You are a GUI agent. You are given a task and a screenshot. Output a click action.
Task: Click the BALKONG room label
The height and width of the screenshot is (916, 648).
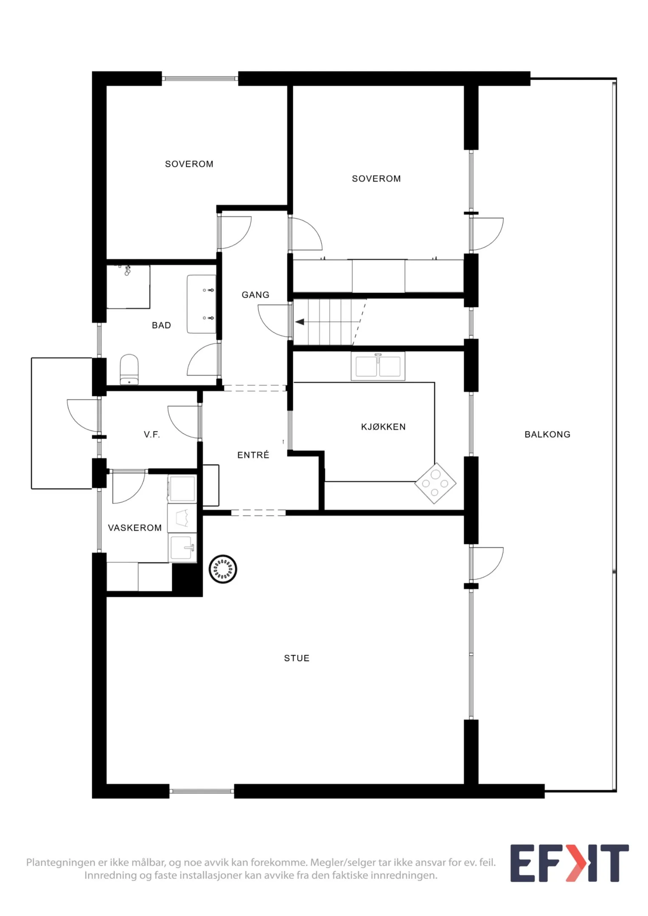point(547,434)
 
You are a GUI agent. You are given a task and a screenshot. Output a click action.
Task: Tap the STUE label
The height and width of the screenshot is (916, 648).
point(297,658)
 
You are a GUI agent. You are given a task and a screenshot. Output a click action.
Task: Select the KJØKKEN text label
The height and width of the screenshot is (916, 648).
point(383,427)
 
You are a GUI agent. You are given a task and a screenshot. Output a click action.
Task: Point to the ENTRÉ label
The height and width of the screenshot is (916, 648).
point(253,455)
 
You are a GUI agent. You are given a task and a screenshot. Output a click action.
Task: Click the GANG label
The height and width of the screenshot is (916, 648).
point(255,295)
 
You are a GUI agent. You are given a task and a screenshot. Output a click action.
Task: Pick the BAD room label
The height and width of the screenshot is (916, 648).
point(161,325)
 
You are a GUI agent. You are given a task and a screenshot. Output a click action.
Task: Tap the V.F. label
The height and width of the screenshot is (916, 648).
point(151,434)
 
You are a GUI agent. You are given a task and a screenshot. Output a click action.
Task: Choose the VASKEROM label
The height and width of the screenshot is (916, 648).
point(135,528)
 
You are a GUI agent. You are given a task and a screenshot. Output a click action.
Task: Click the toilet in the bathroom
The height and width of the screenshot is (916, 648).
point(129,369)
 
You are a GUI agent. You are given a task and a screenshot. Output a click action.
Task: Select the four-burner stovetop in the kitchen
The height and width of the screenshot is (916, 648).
point(435,483)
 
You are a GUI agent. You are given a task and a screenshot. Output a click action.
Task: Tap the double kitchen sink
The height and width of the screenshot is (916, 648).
point(378,366)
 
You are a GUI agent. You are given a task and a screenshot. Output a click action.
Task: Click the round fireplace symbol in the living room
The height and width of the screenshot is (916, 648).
point(223,569)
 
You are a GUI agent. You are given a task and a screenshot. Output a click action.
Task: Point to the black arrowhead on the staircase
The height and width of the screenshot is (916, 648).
point(300,322)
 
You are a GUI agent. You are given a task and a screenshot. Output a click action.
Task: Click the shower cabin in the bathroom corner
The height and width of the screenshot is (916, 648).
point(128,287)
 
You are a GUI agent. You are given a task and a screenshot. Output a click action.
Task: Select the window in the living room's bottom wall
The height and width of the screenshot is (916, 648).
point(202,791)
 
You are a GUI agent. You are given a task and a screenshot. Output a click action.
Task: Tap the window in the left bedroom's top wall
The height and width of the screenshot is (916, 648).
point(200,78)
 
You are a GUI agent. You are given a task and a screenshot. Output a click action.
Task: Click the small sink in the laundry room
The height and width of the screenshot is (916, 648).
point(182,547)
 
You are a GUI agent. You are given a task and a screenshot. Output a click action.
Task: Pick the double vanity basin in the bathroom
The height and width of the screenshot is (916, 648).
point(202,304)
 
